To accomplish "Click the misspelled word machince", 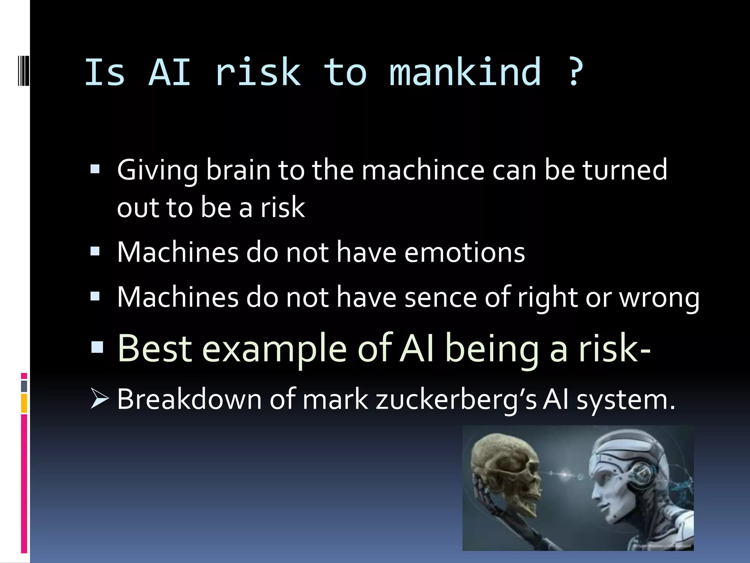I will (x=423, y=170).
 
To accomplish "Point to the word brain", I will (x=238, y=170).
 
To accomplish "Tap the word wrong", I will (x=659, y=298).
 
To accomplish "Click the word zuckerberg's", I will (x=456, y=400).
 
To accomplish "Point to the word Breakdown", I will (x=189, y=400).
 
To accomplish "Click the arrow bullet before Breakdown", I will (x=99, y=399).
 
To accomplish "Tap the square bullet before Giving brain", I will (x=95, y=169).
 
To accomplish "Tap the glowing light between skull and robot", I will (x=566, y=475).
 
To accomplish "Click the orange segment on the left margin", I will (x=24, y=403).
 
